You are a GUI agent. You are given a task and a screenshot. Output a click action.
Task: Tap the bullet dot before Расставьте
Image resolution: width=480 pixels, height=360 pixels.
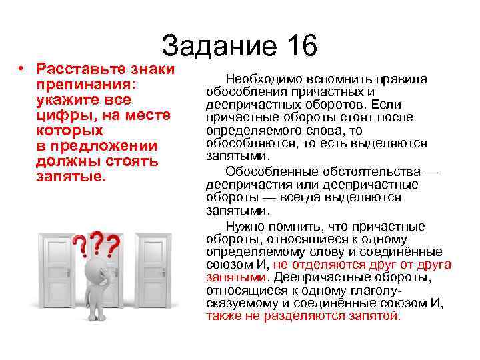coord(22,70)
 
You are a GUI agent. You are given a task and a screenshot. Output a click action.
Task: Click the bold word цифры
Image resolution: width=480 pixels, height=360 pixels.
coord(59,115)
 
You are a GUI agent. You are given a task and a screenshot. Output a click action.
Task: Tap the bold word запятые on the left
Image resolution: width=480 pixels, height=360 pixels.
coord(69,177)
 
